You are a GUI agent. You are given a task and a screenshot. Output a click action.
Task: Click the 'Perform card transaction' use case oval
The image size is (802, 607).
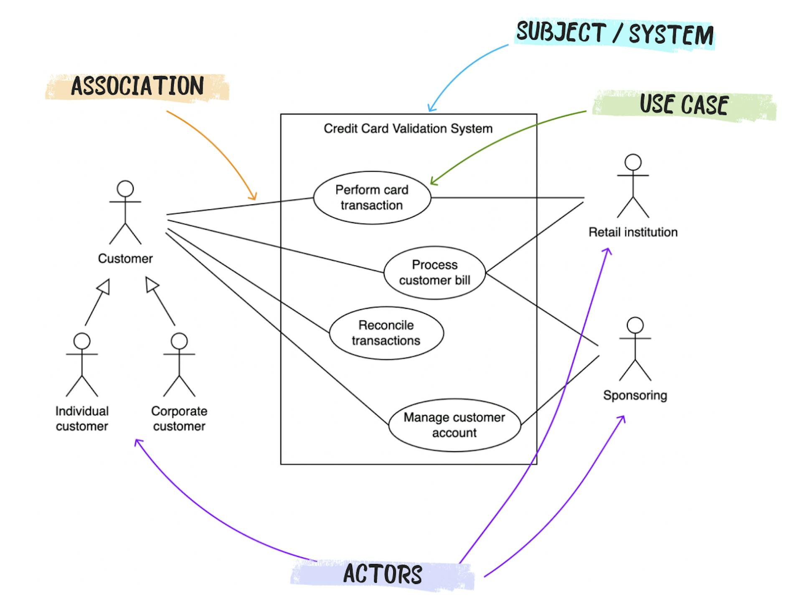[372, 198]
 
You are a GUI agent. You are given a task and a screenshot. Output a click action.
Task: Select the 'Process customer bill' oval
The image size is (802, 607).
[434, 272]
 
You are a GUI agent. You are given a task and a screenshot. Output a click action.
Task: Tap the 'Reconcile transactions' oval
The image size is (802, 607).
[386, 333]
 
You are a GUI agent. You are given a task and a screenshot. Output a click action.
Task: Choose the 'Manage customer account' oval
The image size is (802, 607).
[454, 425]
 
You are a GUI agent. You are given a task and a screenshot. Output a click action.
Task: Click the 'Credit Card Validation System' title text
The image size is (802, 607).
[408, 129]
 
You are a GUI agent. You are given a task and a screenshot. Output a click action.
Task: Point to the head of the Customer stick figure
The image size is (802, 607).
[125, 189]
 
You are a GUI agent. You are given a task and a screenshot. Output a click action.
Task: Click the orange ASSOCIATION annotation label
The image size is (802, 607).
[137, 86]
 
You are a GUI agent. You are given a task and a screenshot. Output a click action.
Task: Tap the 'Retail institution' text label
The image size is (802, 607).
[633, 232]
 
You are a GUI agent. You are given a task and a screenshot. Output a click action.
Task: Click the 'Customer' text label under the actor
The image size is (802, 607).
[125, 259]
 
